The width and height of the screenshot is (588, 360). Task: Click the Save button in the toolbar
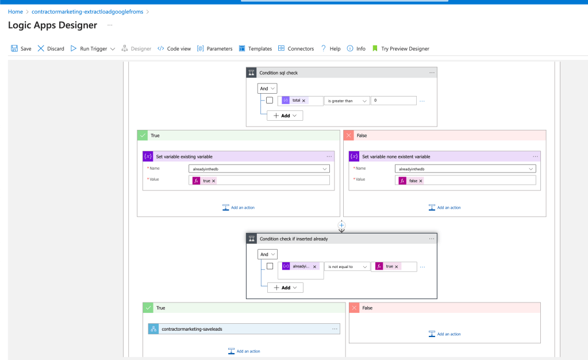pyautogui.click(x=21, y=48)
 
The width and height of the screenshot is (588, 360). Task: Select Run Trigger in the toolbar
pyautogui.click(x=93, y=48)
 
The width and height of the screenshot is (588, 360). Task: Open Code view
pyautogui.click(x=174, y=48)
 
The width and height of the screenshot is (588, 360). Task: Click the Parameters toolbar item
pyautogui.click(x=214, y=48)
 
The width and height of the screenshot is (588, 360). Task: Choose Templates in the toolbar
pyautogui.click(x=255, y=48)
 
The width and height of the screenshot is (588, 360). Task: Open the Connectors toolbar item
pyautogui.click(x=296, y=48)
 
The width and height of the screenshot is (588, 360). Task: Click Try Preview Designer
pyautogui.click(x=401, y=48)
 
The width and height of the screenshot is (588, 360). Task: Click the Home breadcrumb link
pyautogui.click(x=16, y=12)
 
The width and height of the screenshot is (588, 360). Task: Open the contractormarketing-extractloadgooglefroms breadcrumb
pyautogui.click(x=87, y=12)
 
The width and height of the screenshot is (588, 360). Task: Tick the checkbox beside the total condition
pyautogui.click(x=270, y=100)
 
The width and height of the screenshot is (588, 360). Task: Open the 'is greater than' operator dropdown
pyautogui.click(x=347, y=101)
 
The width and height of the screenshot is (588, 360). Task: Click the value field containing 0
pyautogui.click(x=393, y=101)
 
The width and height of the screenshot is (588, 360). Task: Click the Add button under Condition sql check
pyautogui.click(x=285, y=116)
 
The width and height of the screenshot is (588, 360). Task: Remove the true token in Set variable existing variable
pyautogui.click(x=214, y=181)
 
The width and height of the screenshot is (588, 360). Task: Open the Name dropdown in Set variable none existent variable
pyautogui.click(x=465, y=169)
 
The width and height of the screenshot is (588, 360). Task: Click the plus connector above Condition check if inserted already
pyautogui.click(x=341, y=225)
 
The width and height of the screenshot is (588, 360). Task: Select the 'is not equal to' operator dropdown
pyautogui.click(x=347, y=266)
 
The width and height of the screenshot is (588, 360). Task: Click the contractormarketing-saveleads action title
pyautogui.click(x=192, y=329)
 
